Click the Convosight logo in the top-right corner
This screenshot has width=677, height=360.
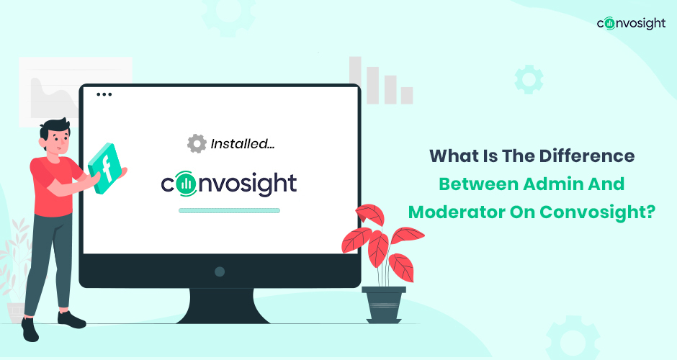pos(631,23)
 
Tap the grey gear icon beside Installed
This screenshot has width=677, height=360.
pos(197,143)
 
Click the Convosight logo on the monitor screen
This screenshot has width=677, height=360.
pos(229,184)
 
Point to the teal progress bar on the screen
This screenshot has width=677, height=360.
pos(229,211)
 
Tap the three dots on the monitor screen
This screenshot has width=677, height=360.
pos(104,94)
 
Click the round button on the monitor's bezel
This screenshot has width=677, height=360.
pos(220,271)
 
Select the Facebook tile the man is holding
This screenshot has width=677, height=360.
pos(105,168)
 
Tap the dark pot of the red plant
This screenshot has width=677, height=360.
pos(384,305)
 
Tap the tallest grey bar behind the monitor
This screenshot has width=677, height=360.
pos(355,81)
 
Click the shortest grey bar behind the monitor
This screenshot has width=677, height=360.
pos(407,95)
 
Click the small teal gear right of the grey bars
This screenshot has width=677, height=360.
pos(529,79)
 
